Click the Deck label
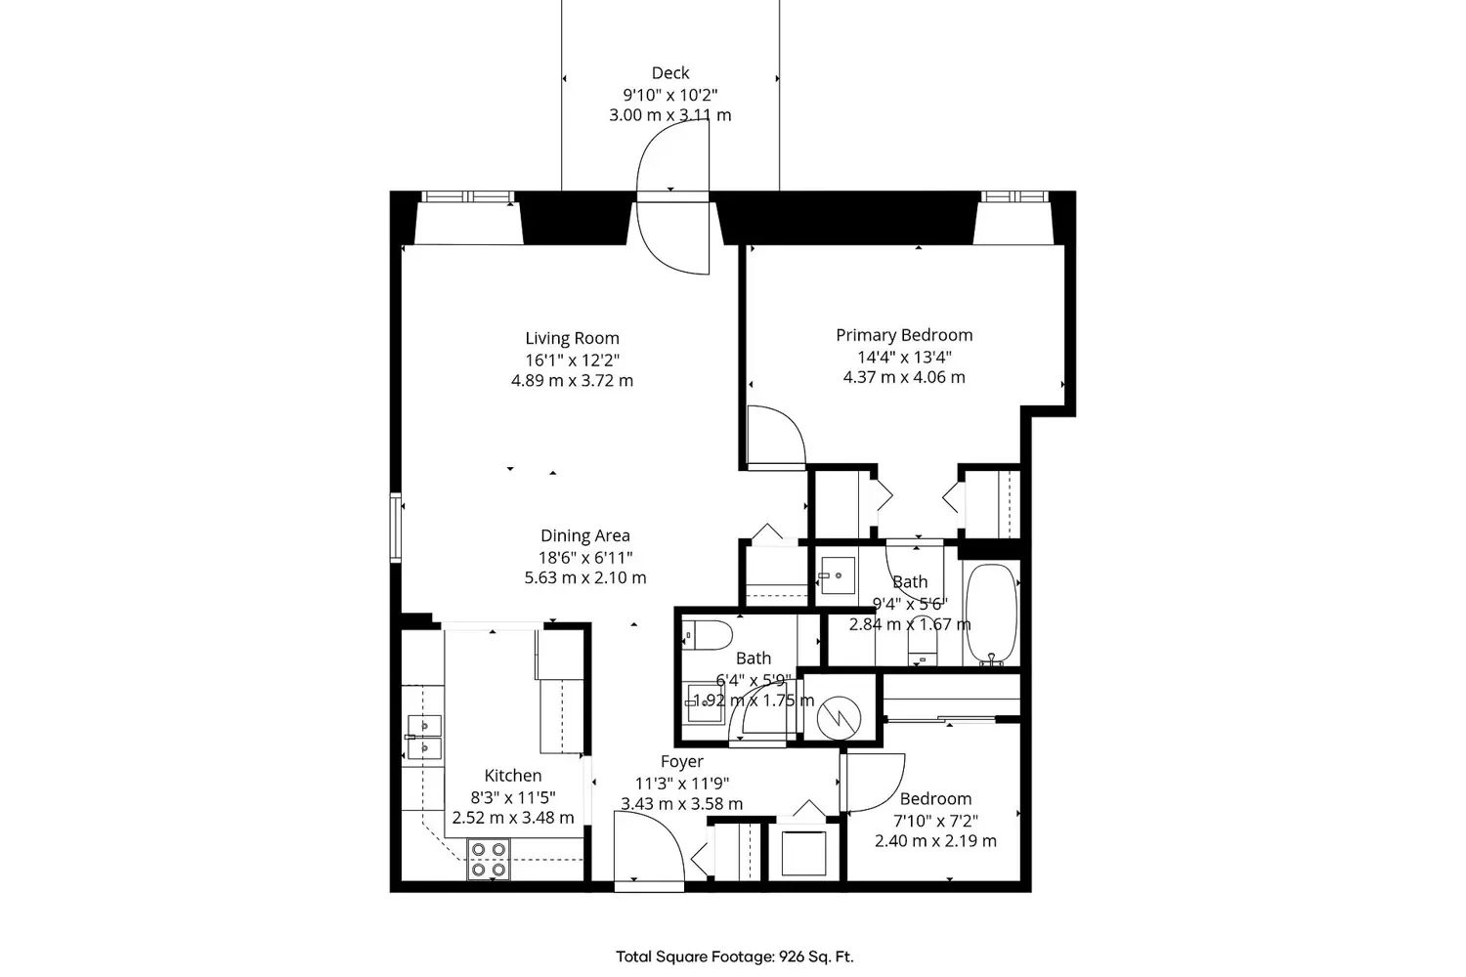pyautogui.click(x=670, y=73)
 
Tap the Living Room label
pyautogui.click(x=572, y=339)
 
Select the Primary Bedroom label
pyautogui.click(x=904, y=335)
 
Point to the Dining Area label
pyautogui.click(x=584, y=535)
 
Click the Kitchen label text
pyautogui.click(x=513, y=776)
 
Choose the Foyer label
pyautogui.click(x=681, y=762)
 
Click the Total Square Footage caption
pyautogui.click(x=734, y=956)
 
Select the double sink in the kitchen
pyautogui.click(x=424, y=737)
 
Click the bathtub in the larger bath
pyautogui.click(x=991, y=614)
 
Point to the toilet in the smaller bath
pyautogui.click(x=708, y=635)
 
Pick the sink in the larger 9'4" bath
pyautogui.click(x=836, y=576)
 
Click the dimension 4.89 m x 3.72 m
pyautogui.click(x=572, y=381)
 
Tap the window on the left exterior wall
pyautogui.click(x=396, y=528)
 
